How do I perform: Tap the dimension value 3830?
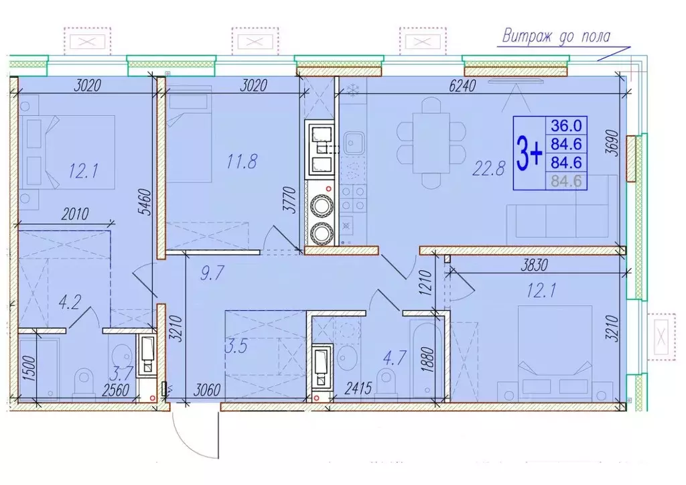[534, 265]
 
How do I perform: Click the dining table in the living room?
[431, 143]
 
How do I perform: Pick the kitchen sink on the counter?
[353, 142]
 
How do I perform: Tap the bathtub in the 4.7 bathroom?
[424, 362]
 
